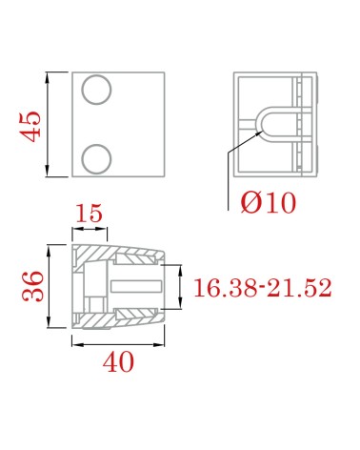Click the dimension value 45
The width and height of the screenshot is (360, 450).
[30, 126]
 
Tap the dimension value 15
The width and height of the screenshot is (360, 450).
[90, 213]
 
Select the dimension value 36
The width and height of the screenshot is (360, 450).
[32, 286]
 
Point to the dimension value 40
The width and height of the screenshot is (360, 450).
[118, 362]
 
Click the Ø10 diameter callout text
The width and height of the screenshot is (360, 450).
[269, 203]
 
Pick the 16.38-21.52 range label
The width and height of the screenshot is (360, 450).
[263, 288]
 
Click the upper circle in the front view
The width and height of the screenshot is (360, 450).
[96, 90]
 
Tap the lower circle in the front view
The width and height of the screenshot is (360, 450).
[96, 159]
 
